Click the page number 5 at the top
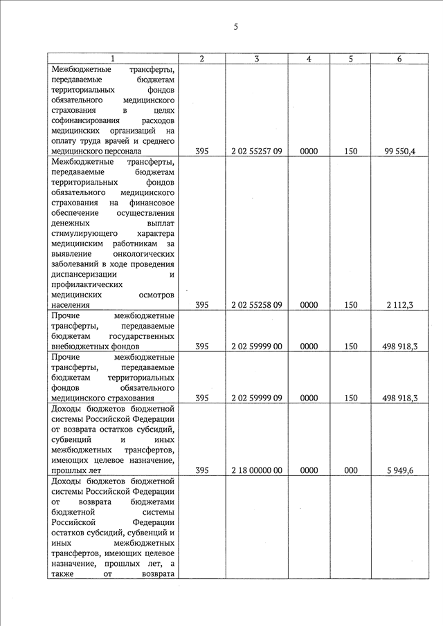[235, 27]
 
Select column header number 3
[256, 59]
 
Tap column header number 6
[399, 59]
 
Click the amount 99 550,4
[399, 151]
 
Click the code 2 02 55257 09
[256, 151]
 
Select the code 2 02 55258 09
[256, 305]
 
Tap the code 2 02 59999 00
[256, 346]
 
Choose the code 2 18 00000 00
[256, 470]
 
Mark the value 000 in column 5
[351, 470]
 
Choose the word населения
[71, 305]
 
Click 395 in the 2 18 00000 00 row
[201, 470]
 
